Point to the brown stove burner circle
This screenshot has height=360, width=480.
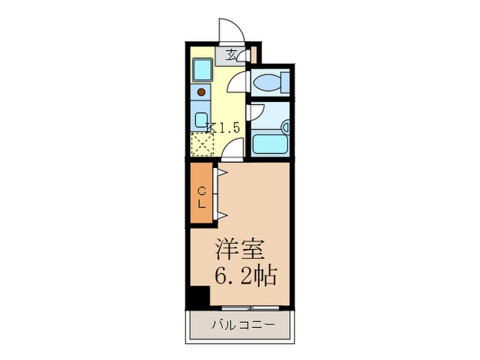click(202, 91)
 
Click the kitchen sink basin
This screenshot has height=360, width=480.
click(202, 69)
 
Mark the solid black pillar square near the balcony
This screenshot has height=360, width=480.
click(198, 297)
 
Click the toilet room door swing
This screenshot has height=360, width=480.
click(237, 82)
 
